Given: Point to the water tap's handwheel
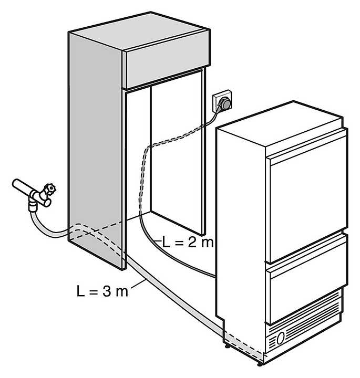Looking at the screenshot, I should click(50, 187).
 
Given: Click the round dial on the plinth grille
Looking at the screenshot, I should click(282, 337).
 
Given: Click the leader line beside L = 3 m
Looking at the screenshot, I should click(138, 284).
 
